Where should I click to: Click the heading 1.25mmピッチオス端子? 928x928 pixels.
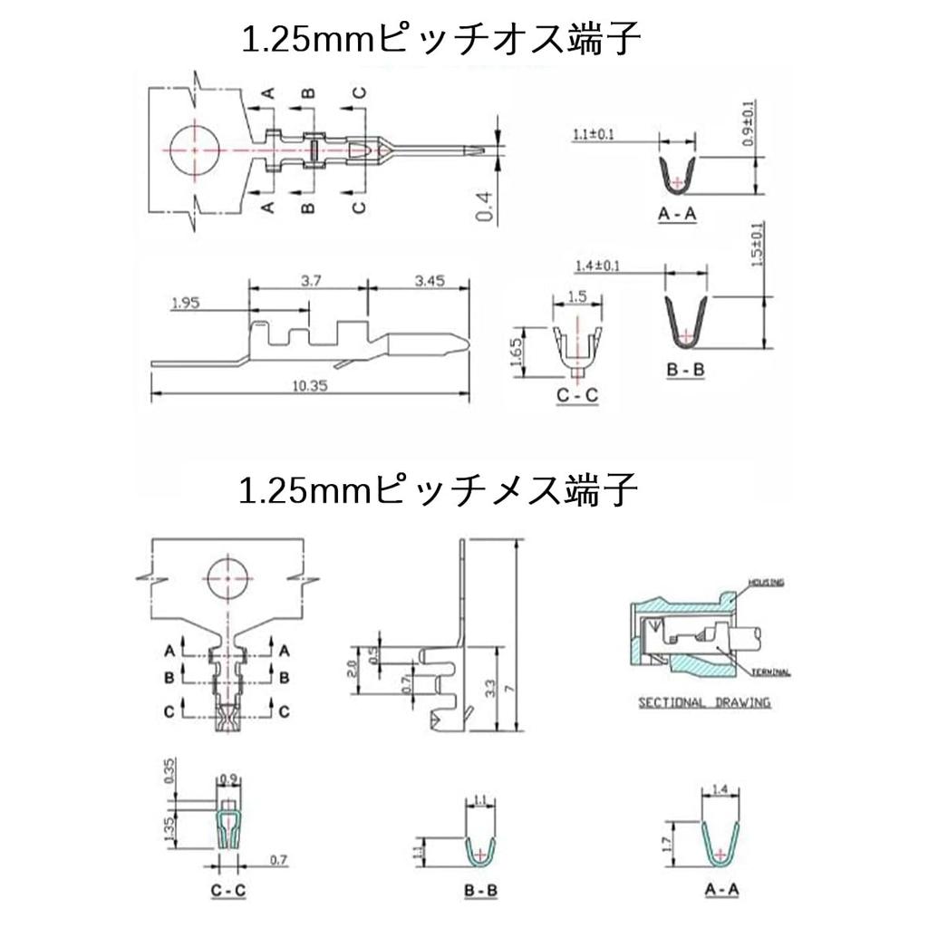point(441,40)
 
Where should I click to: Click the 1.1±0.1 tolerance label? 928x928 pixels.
point(594,135)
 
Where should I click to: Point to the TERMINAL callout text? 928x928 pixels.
point(771,672)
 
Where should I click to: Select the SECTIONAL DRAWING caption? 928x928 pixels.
point(704,702)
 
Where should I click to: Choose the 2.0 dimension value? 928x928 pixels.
point(354,669)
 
